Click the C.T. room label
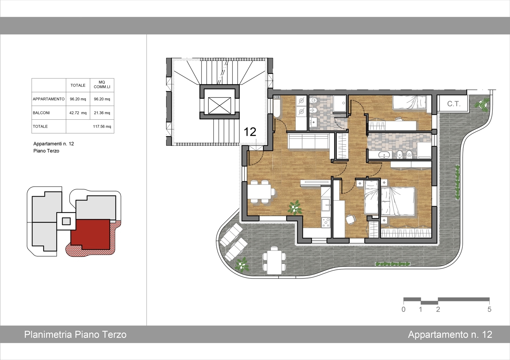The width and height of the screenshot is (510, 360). pyautogui.click(x=454, y=104)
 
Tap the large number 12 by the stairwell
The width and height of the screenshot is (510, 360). pyautogui.click(x=250, y=132)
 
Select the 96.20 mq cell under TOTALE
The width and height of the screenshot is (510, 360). pyautogui.click(x=78, y=99)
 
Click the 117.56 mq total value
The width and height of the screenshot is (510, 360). pyautogui.click(x=102, y=126)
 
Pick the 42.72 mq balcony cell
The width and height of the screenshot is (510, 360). pyautogui.click(x=78, y=112)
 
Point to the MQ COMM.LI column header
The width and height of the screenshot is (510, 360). pyautogui.click(x=102, y=84)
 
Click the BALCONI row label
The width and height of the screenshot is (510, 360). pyautogui.click(x=41, y=112)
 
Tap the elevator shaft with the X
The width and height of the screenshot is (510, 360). pyautogui.click(x=219, y=105)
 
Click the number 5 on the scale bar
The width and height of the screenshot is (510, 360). pyautogui.click(x=489, y=309)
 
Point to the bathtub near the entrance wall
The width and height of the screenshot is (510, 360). pyautogui.click(x=276, y=106)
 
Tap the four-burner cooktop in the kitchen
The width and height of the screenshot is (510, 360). pyautogui.click(x=326, y=222)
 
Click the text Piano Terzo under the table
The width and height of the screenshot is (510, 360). pyautogui.click(x=46, y=151)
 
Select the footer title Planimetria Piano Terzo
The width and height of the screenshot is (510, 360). pyautogui.click(x=75, y=335)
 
